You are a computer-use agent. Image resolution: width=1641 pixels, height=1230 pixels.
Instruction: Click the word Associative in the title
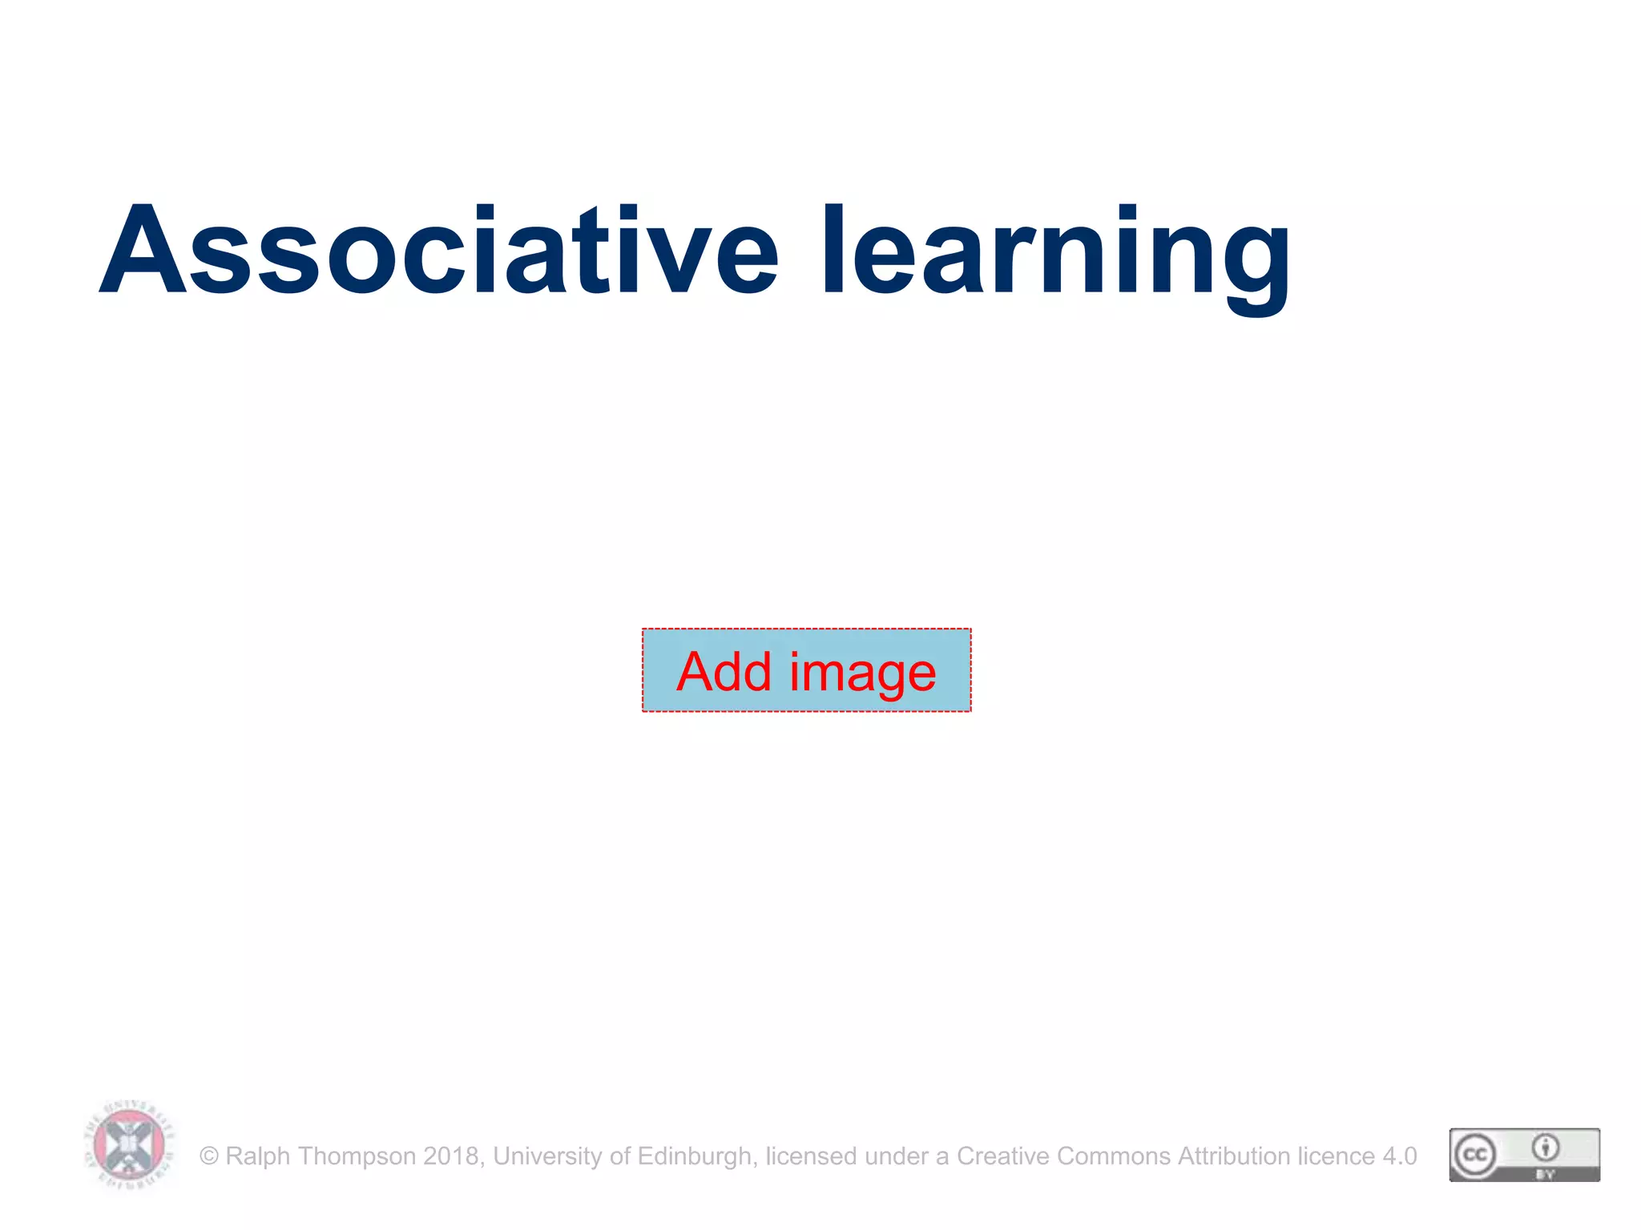coord(438,250)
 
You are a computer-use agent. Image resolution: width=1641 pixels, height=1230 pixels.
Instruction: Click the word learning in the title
coord(1056,255)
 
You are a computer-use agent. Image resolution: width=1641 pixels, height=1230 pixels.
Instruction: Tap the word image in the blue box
coord(863,674)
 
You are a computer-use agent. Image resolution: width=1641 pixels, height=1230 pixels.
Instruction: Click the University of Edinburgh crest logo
coord(129,1146)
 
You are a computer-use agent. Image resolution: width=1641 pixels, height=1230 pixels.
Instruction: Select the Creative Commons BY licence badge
coord(1524,1155)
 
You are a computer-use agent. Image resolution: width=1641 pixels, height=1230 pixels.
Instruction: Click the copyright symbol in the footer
coord(209,1156)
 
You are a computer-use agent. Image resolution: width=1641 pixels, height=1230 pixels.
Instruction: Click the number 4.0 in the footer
coord(1400,1156)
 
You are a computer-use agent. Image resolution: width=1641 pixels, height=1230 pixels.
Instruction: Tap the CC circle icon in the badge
coord(1475,1155)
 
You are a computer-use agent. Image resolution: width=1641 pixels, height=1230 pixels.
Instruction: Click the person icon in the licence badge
coord(1546,1148)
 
